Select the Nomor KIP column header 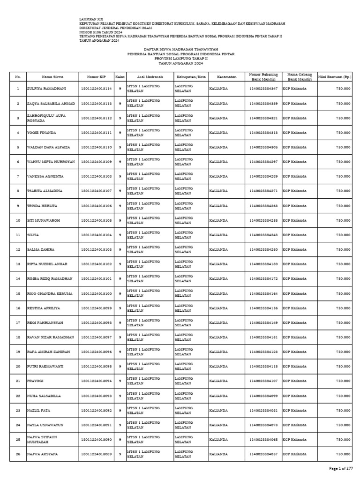pos(97,76)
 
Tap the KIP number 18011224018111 pos(97,133)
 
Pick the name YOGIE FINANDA pos(42,133)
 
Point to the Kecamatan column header pos(227,76)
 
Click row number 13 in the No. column pos(18,264)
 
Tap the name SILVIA pos(33,235)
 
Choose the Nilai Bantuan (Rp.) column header pos(335,76)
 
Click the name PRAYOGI pos(36,381)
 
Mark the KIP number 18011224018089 pos(97,454)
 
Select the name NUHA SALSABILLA pos(44,396)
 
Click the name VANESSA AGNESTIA pos(45,176)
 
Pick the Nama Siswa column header pos(52,76)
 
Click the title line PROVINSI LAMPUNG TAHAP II pos(181,59)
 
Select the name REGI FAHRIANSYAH pos(45,322)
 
